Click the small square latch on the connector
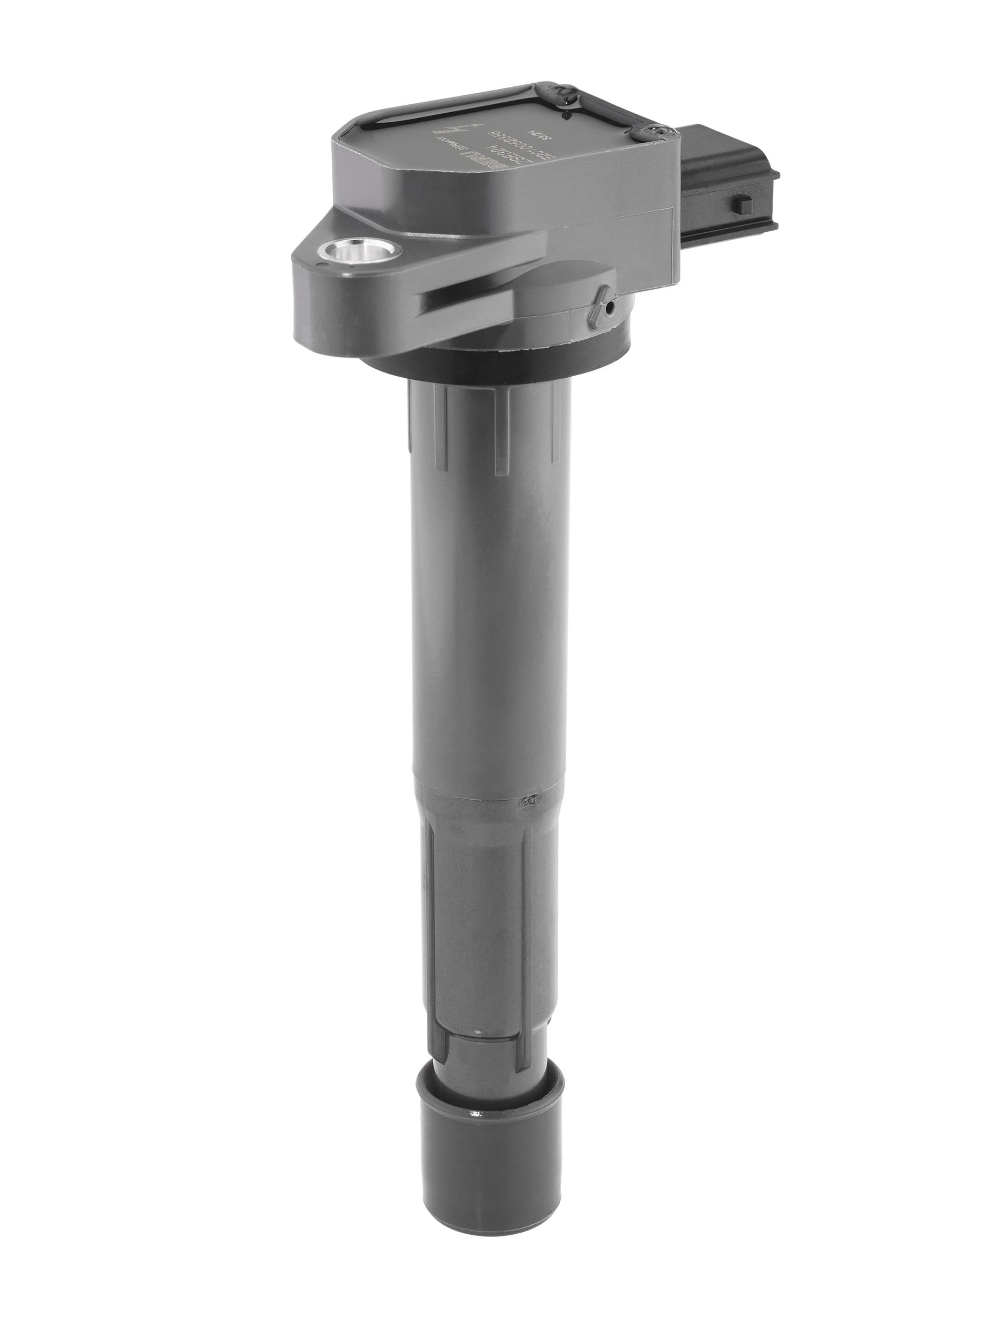point(743,204)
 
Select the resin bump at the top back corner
point(560,91)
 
